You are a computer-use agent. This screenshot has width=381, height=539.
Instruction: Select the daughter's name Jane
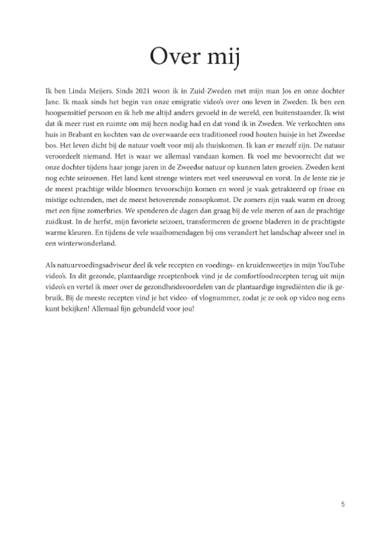(50, 102)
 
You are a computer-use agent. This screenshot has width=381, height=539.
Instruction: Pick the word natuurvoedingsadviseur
(86, 265)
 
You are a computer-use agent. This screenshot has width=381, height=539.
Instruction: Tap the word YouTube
(331, 265)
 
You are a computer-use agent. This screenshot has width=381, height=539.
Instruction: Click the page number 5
(343, 504)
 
